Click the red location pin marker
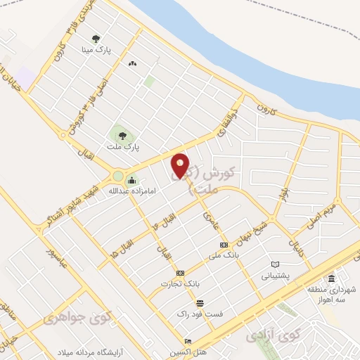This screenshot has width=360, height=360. tap(181, 166)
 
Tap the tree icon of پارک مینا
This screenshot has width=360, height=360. tap(96, 39)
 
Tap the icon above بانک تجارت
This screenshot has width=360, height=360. tap(181, 273)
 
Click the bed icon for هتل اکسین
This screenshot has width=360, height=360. tap(188, 341)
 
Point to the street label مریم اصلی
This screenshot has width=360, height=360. tap(320, 217)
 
